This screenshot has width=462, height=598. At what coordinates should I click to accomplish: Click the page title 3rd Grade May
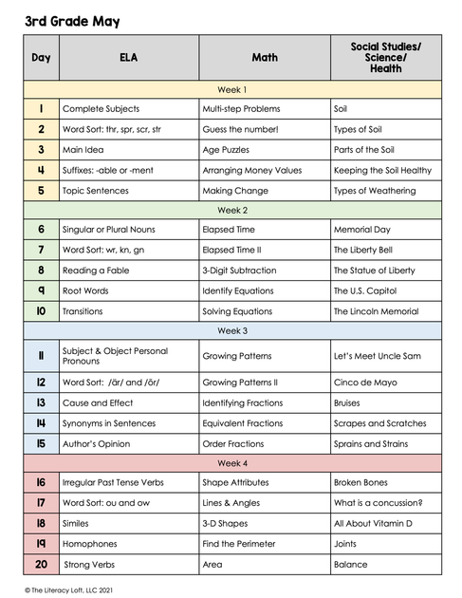coord(73,21)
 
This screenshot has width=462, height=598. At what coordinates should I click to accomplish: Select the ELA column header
coord(128,58)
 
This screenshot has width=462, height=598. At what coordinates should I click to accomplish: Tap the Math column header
coord(265,58)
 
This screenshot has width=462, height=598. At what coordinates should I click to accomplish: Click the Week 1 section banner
coord(232,88)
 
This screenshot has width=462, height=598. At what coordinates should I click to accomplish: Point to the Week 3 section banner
coord(232,331)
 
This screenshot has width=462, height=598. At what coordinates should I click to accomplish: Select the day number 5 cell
coord(41,190)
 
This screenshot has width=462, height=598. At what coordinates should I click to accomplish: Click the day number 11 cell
coord(41,356)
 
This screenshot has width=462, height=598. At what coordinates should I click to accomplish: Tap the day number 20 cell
coord(41,564)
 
